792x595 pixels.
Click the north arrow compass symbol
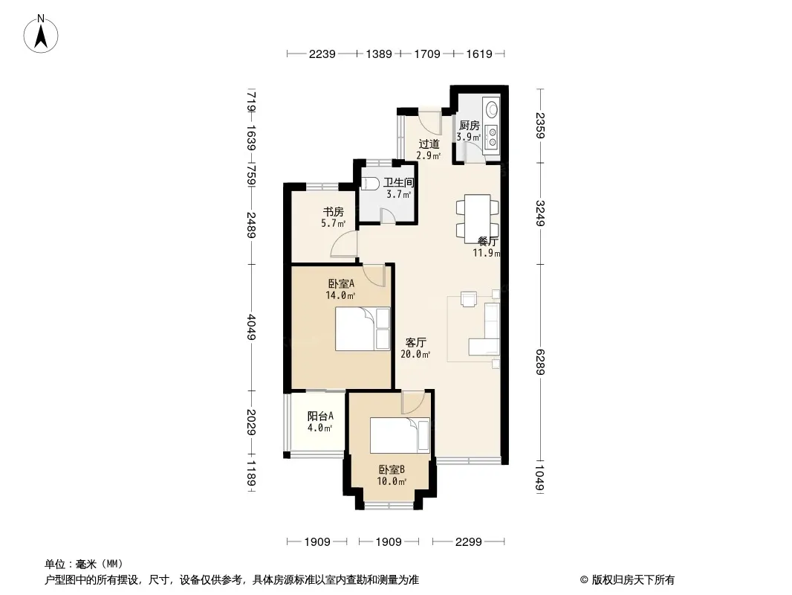tap(41, 34)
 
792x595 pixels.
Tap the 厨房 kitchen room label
tap(469, 126)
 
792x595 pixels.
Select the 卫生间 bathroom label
tap(398, 182)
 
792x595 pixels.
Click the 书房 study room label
tap(334, 212)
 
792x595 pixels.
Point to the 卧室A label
tap(341, 283)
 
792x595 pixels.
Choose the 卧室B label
tap(392, 469)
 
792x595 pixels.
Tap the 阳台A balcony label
tap(320, 416)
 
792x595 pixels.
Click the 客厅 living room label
tap(416, 342)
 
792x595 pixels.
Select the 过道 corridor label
tap(429, 144)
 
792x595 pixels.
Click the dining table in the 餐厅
tap(477, 216)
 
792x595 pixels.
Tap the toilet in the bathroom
tap(370, 183)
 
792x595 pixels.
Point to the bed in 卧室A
tap(363, 329)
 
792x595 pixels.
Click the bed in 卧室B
tap(400, 435)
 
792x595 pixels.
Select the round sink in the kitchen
tap(491, 109)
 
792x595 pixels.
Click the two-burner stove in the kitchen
tap(491, 138)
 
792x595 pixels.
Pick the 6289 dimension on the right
tap(540, 362)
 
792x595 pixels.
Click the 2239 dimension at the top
tap(322, 54)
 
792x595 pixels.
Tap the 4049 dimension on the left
tap(251, 327)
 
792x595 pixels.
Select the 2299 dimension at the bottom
tap(468, 542)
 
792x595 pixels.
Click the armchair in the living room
tap(469, 299)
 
